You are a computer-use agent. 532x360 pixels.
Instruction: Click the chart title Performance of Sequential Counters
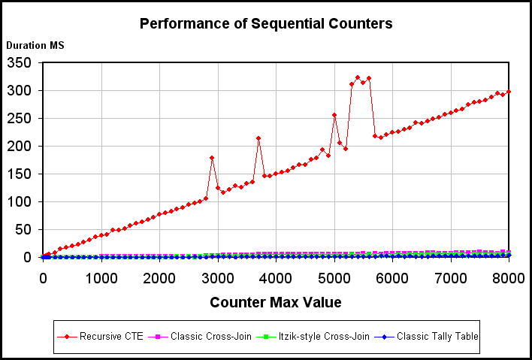[266, 23]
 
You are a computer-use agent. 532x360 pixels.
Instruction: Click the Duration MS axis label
[35, 45]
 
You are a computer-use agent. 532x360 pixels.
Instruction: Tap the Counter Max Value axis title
[276, 303]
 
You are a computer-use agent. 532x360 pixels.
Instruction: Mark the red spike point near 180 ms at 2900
[212, 158]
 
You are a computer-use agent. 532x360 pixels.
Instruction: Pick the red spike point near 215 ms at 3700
[258, 138]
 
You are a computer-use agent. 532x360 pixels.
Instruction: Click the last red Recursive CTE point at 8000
[509, 92]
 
